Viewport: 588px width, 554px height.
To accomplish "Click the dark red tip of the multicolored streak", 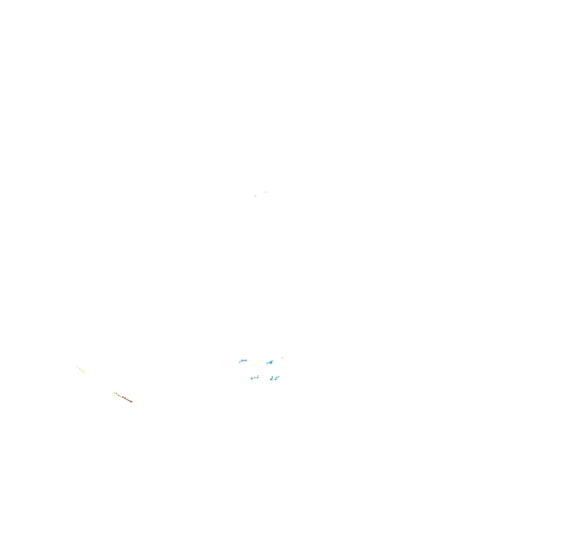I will pyautogui.click(x=131, y=402).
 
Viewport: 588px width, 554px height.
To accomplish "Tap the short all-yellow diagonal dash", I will pyautogui.click(x=83, y=371).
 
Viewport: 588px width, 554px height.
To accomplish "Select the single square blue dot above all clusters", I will pyautogui.click(x=266, y=192).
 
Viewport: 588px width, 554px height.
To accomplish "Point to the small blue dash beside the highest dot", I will pyautogui.click(x=255, y=196).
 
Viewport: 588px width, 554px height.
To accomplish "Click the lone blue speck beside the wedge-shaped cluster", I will pyautogui.click(x=283, y=358).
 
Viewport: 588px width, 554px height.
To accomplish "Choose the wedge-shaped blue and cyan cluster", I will pyautogui.click(x=271, y=362).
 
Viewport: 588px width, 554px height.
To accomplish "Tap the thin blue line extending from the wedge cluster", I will pyautogui.click(x=273, y=361).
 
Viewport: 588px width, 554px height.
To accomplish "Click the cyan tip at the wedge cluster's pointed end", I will pyautogui.click(x=266, y=363).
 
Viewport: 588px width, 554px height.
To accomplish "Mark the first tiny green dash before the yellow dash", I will pyautogui.click(x=77, y=367).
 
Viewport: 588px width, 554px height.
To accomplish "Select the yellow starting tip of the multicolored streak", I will pyautogui.click(x=114, y=392).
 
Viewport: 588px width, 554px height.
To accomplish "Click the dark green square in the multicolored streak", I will pyautogui.click(x=117, y=394).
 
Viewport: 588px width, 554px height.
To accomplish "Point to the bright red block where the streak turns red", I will pyautogui.click(x=122, y=397).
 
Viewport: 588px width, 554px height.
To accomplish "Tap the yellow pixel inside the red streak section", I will pyautogui.click(x=127, y=399).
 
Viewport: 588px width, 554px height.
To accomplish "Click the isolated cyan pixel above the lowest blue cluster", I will pyautogui.click(x=280, y=376).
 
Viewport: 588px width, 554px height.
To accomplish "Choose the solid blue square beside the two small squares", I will pyautogui.click(x=258, y=378).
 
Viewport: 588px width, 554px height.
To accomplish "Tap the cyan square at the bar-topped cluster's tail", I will pyautogui.click(x=240, y=362).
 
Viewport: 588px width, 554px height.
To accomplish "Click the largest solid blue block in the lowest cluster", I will pyautogui.click(x=271, y=379).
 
